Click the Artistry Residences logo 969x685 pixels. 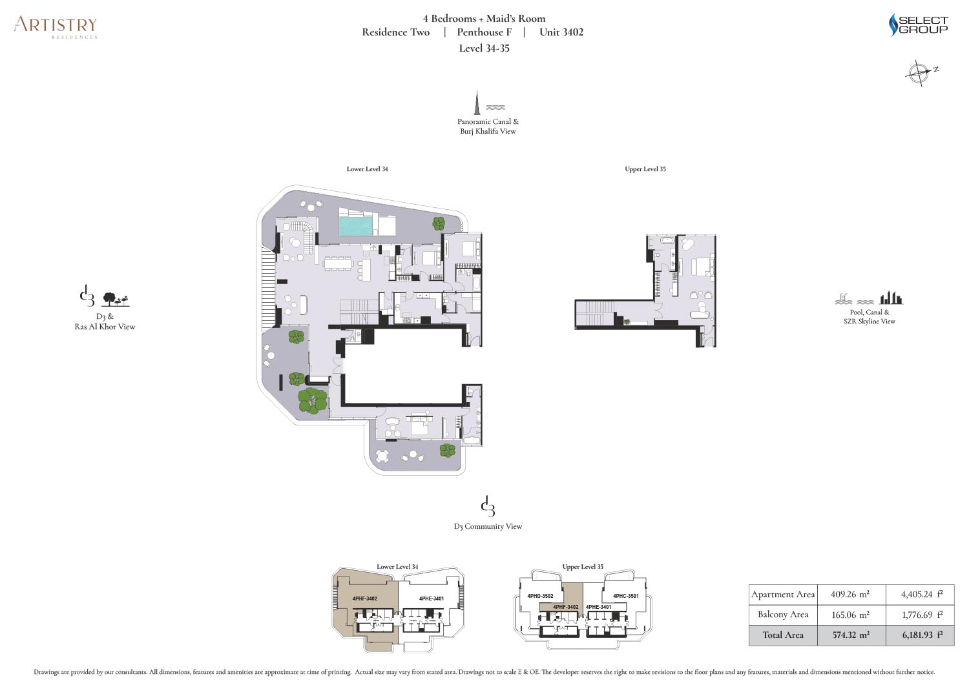(x=56, y=27)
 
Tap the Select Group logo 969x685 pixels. (x=918, y=25)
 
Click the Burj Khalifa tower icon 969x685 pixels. (x=477, y=102)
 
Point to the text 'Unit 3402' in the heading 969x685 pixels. (x=561, y=32)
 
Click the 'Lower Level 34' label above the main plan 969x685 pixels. (x=367, y=169)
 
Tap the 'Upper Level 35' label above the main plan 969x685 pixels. (x=645, y=169)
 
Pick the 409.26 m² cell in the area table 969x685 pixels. (x=851, y=594)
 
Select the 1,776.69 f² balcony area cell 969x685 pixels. (x=920, y=615)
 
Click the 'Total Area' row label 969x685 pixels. (x=783, y=635)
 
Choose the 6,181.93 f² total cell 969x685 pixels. (x=920, y=635)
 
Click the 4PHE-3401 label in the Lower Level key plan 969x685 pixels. (x=432, y=599)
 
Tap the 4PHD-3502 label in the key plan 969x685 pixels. (x=540, y=596)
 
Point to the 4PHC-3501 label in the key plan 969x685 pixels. (x=625, y=596)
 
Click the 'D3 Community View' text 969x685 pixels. (x=488, y=526)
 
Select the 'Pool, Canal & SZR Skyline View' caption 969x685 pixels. (x=869, y=316)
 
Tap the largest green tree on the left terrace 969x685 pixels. (x=312, y=400)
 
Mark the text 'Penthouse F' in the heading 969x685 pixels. (x=484, y=32)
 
